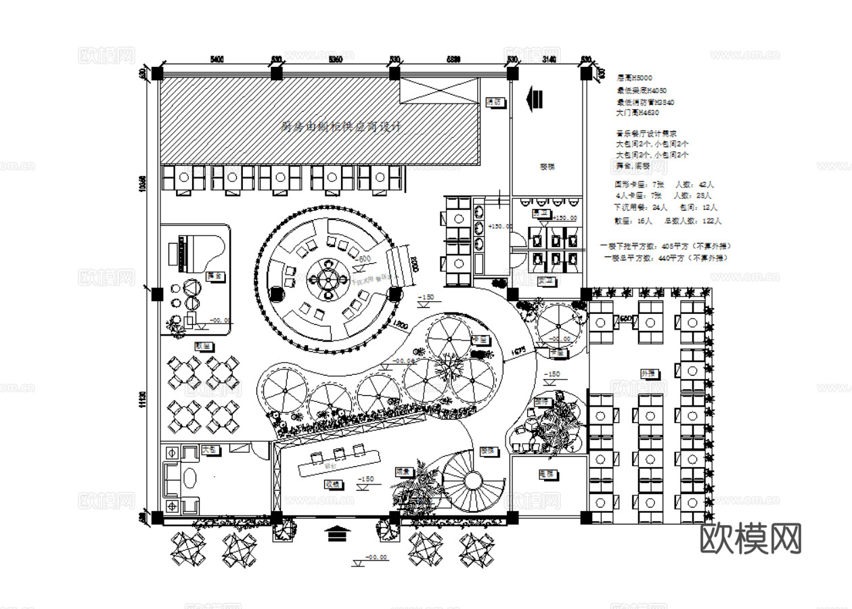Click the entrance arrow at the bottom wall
[x=336, y=534]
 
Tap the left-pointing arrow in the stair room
[x=534, y=98]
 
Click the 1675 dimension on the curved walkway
[x=519, y=351]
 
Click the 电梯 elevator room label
[x=547, y=474]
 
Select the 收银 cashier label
[x=332, y=484]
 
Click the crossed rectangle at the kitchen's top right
[x=439, y=91]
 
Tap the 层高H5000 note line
[x=635, y=78]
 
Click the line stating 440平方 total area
[x=666, y=258]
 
